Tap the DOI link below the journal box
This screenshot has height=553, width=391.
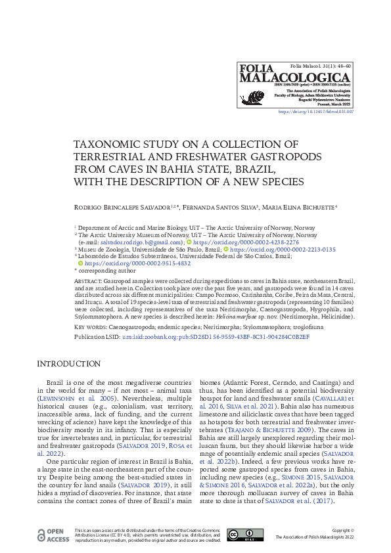coord(316,112)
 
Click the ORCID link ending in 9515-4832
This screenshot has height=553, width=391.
coord(138,263)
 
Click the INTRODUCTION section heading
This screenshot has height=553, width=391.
coord(69,364)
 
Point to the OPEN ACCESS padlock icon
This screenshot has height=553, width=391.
coord(42,535)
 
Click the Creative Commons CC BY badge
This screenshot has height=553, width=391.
coord(244,535)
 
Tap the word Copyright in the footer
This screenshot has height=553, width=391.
coord(342,530)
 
